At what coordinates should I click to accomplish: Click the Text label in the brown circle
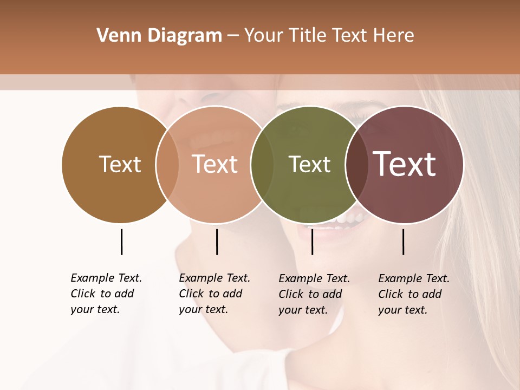pos(120,164)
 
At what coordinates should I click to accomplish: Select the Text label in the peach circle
pos(214,164)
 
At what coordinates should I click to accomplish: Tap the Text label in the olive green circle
pos(309,164)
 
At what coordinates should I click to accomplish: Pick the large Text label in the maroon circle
pos(404,164)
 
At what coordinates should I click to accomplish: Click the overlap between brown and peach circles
pos(167,164)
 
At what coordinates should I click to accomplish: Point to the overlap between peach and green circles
pos(262,164)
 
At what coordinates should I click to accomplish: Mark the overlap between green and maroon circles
pos(356,164)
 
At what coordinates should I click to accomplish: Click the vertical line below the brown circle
pos(121,242)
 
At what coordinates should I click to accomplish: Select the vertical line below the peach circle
pos(217,242)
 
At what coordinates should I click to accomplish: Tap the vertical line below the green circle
pos(312,242)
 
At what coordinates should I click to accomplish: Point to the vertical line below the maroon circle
pos(403,242)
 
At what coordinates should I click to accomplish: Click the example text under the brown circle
pos(106,294)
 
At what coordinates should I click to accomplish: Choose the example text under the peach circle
pos(214,294)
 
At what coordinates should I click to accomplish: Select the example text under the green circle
pos(314,294)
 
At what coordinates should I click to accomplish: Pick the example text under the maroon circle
pos(413,294)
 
